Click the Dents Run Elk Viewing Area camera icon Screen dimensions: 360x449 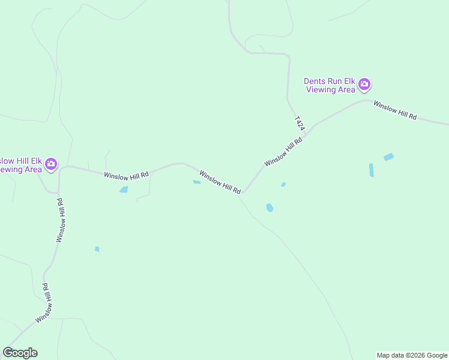pyautogui.click(x=364, y=85)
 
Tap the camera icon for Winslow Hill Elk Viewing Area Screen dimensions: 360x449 pyautogui.click(x=51, y=164)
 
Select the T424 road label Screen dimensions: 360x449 pyautogui.click(x=300, y=123)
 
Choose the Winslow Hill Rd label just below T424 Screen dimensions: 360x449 pyautogui.click(x=283, y=152)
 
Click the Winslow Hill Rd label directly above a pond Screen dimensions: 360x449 pyautogui.click(x=126, y=175)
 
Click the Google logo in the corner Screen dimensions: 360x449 pyautogui.click(x=20, y=353)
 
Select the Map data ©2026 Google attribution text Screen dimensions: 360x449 pyautogui.click(x=412, y=355)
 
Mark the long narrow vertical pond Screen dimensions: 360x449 pyautogui.click(x=371, y=170)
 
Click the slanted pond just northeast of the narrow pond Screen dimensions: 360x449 pyautogui.click(x=388, y=157)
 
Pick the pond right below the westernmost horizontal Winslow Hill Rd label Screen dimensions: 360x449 pyautogui.click(x=124, y=190)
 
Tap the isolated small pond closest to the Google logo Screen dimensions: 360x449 pyautogui.click(x=97, y=249)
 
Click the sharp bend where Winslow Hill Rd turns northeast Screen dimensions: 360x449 pyautogui.click(x=242, y=194)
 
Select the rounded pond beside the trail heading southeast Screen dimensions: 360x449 pyautogui.click(x=270, y=208)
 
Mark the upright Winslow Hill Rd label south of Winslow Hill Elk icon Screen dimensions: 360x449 pyautogui.click(x=60, y=220)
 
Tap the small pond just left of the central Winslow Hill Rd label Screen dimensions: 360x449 pyautogui.click(x=196, y=182)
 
